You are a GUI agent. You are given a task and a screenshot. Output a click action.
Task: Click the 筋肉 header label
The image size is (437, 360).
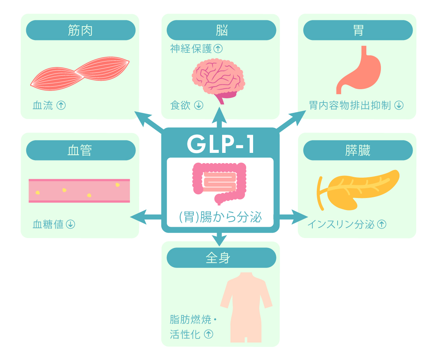(80, 30)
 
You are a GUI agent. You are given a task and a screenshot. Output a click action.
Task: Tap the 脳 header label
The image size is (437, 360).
(221, 30)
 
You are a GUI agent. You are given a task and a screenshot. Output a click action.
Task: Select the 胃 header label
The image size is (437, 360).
(358, 30)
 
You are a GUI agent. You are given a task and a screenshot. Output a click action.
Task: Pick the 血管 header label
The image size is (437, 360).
(80, 150)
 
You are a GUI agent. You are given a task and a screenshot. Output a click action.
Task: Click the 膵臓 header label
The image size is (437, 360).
(358, 150)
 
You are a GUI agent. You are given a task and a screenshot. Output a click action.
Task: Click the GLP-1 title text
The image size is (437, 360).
(220, 145)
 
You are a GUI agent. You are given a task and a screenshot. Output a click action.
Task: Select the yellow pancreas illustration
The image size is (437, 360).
(359, 189)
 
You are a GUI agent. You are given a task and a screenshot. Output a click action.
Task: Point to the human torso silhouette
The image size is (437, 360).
(246, 306)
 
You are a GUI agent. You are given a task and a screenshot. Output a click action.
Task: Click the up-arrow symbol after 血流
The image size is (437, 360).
(61, 106)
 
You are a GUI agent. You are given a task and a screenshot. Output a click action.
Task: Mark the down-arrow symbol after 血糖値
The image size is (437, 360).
(70, 224)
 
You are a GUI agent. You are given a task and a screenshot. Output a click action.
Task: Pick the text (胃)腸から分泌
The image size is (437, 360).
(220, 217)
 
